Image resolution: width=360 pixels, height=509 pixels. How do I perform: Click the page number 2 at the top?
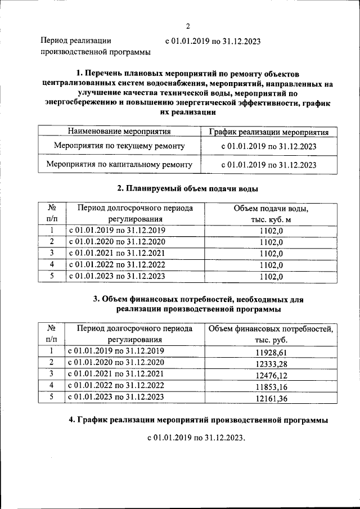pos(188,26)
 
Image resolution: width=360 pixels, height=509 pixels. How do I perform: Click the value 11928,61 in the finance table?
pos(271,352)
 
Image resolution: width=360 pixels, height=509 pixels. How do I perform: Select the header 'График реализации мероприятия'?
pos(269,132)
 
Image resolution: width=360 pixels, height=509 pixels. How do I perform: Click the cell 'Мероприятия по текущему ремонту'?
pos(119,146)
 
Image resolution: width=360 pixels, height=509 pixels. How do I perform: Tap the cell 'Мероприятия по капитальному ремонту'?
pos(119,165)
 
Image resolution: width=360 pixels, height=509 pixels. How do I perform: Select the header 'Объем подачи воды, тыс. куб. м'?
pos(271,214)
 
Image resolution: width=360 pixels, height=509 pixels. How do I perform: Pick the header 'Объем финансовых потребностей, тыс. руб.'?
pos(271,335)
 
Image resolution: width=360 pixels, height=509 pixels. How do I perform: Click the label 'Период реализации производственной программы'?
pos(96,47)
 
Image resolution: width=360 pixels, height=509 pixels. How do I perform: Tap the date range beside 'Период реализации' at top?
pos(213,41)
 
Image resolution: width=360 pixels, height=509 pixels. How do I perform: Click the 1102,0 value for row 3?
pos(271,254)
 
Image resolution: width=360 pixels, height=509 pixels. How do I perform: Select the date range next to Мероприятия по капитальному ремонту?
pos(269,165)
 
